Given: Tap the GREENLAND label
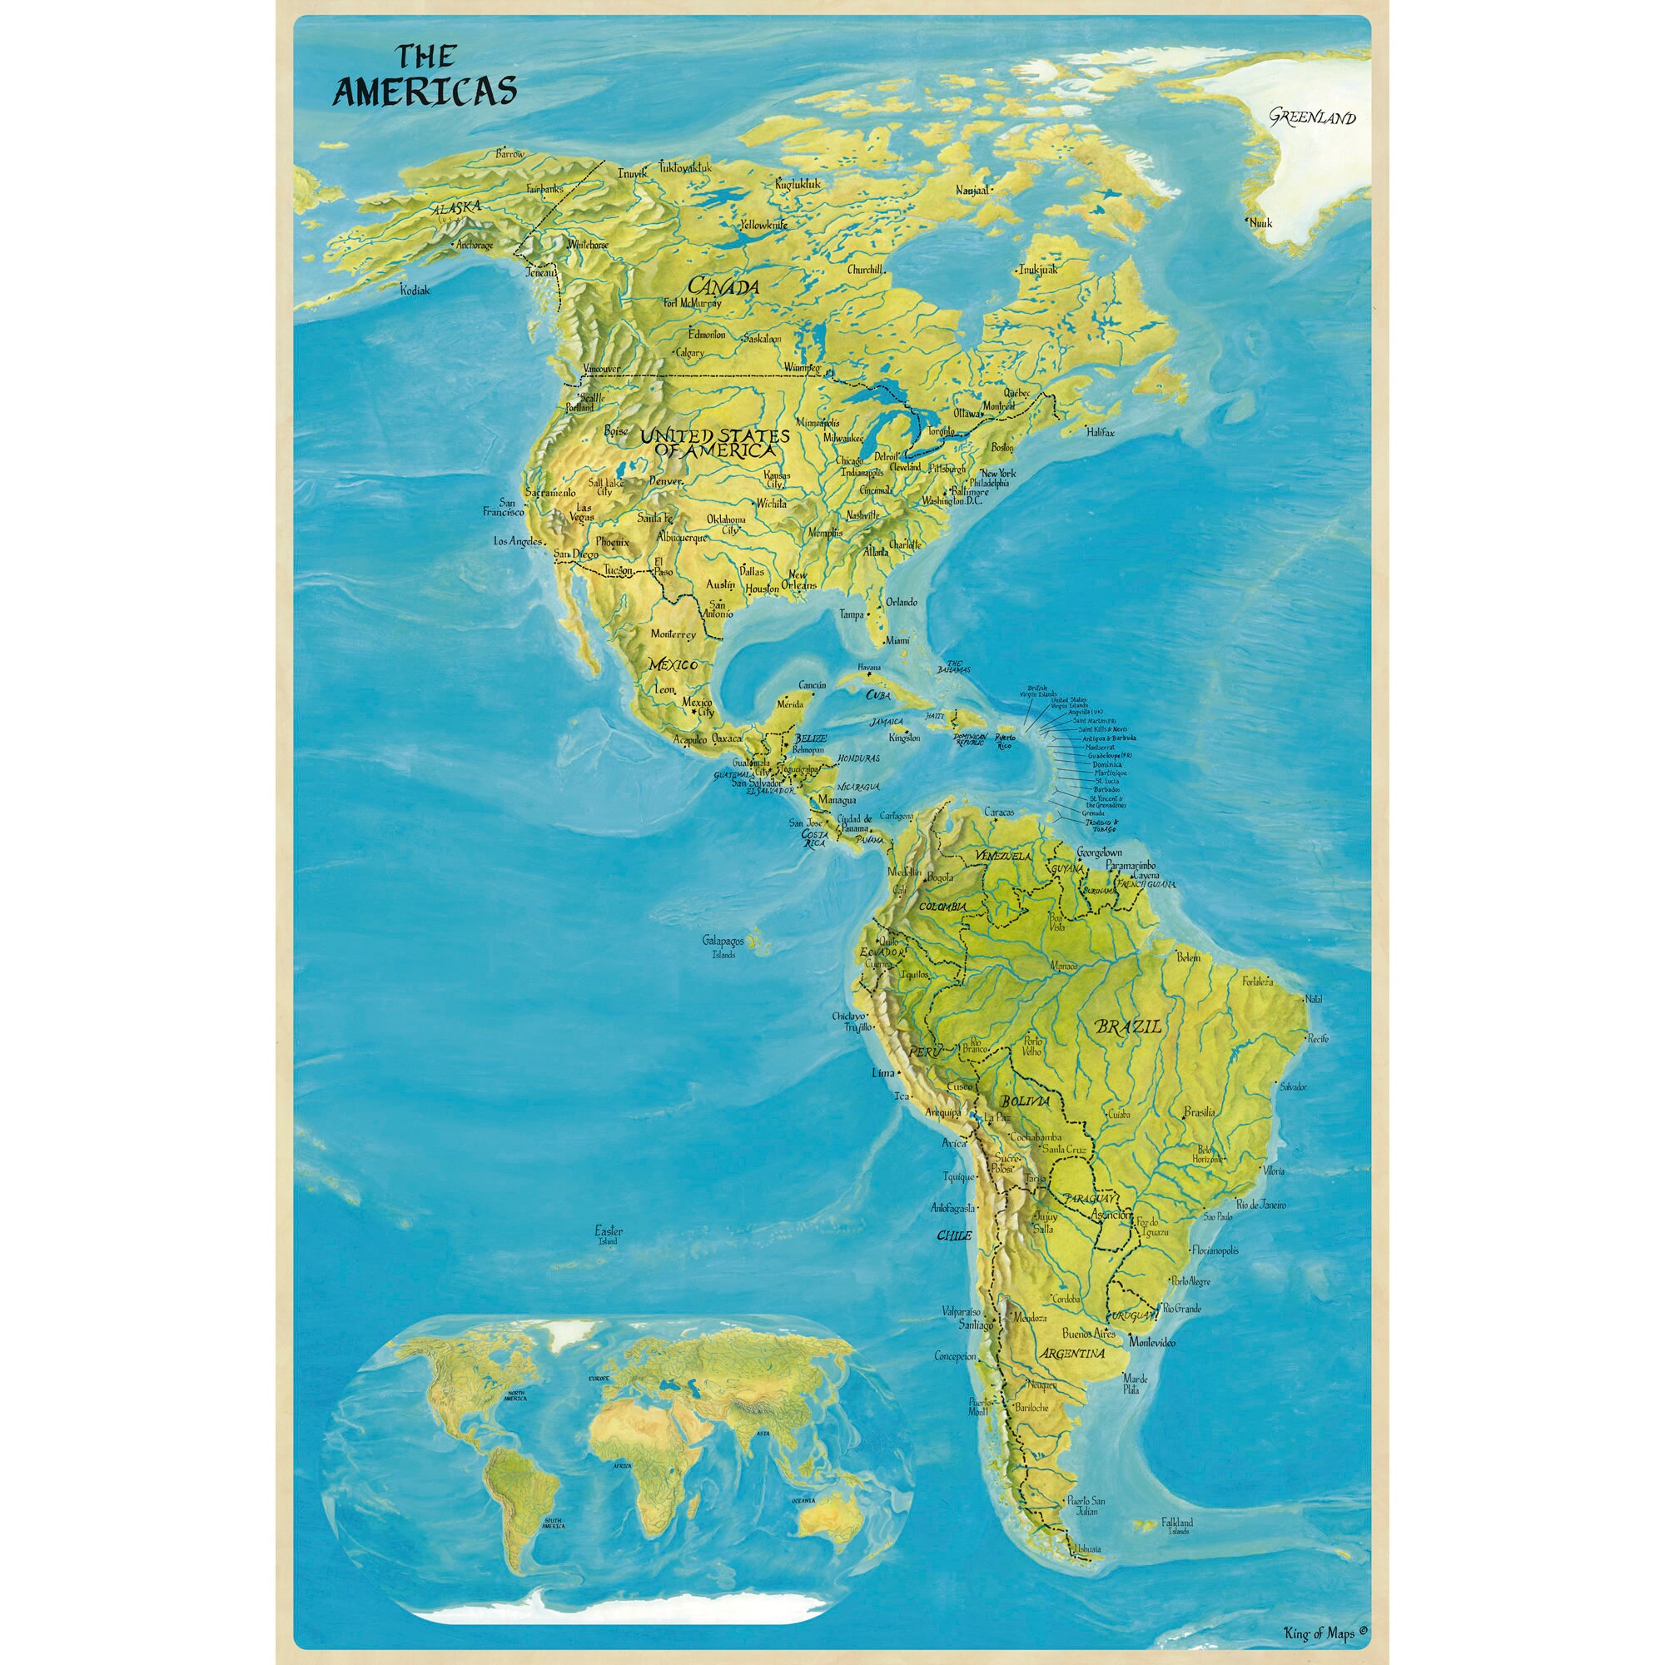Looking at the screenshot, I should (1312, 118).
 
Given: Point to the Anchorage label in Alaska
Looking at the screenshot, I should (475, 245).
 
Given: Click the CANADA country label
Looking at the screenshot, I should (723, 286).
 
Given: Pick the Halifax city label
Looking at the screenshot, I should (1100, 432).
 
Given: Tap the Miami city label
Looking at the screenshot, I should (897, 640).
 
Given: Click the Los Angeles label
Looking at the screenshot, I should (518, 541).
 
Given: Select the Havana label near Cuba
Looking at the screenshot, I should (868, 668).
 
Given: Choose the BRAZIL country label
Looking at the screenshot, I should (1127, 1027).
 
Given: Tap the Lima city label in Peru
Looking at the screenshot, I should (883, 1073).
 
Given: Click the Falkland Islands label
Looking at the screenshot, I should (1177, 1523).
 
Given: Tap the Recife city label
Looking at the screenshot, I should (1317, 1039).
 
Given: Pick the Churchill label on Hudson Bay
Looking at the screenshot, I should (865, 270).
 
